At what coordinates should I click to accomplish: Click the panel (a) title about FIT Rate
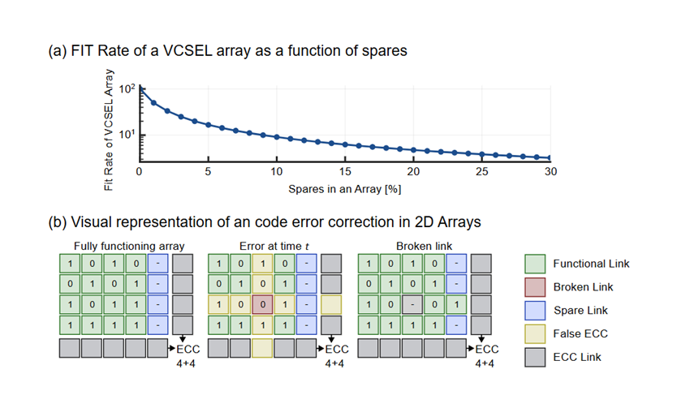pos(227,50)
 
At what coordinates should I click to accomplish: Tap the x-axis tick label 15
pos(346,172)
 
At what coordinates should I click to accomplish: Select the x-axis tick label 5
pos(209,172)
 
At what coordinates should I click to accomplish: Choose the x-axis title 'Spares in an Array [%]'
pos(345,189)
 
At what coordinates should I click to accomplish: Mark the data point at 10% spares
pos(277,137)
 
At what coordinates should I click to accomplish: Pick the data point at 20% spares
pos(414,150)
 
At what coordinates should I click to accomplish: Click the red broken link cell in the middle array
pos(260,304)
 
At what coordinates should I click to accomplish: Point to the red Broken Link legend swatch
pos(533,287)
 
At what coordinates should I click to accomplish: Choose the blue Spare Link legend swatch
pos(533,311)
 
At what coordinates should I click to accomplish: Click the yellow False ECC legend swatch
pos(533,334)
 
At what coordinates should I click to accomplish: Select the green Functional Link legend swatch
pos(533,264)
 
